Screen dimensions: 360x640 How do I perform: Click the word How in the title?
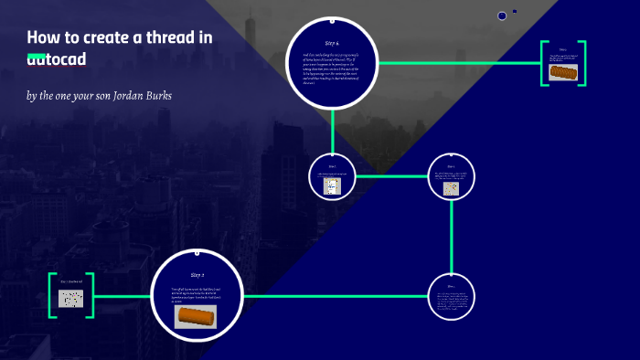coord(41,37)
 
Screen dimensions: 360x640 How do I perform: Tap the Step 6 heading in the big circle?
coord(332,43)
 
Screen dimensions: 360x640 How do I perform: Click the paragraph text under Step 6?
coord(332,69)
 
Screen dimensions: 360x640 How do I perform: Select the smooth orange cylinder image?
coord(196,316)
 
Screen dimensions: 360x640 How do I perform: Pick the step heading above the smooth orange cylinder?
coord(197,274)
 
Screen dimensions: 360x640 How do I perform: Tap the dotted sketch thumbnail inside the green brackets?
coord(71,298)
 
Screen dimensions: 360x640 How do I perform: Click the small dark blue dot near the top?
coord(502,16)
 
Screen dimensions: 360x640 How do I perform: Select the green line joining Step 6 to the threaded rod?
coord(457,63)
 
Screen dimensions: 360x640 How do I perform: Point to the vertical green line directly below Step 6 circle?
coord(332,130)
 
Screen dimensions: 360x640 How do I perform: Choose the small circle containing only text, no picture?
coord(452,297)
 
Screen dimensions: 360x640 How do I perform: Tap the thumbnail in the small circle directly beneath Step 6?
coord(332,185)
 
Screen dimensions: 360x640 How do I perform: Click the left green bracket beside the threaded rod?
coord(543,63)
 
